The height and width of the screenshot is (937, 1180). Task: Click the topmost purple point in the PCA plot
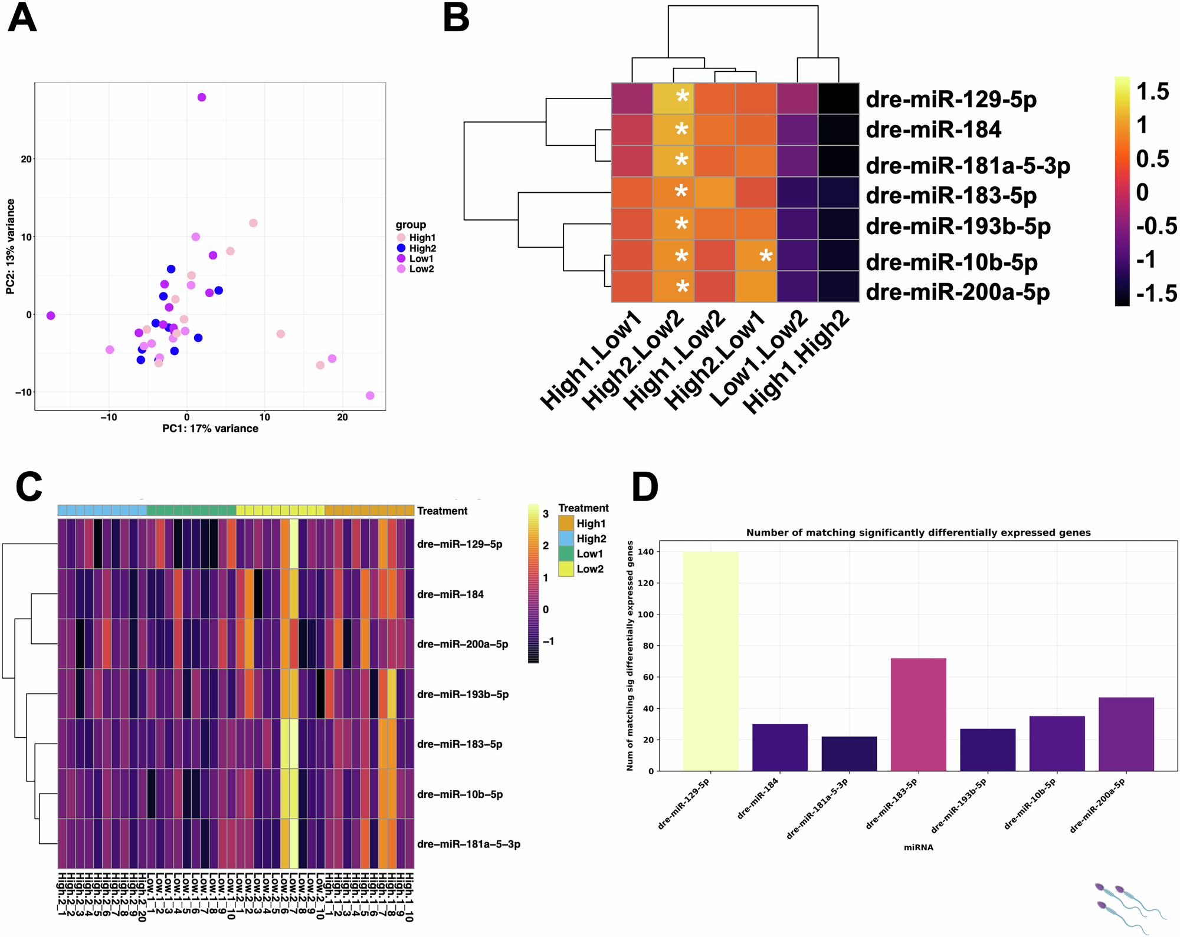[x=202, y=97]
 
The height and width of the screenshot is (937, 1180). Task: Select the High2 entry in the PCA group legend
[x=422, y=248]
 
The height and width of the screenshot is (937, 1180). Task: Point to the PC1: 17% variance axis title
[x=210, y=429]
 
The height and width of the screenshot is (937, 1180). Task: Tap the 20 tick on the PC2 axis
[x=26, y=159]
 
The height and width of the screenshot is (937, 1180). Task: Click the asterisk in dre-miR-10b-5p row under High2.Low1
[x=765, y=257]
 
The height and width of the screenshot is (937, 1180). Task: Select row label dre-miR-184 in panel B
[x=933, y=130]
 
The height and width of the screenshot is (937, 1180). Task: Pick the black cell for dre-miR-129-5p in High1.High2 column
[x=838, y=98]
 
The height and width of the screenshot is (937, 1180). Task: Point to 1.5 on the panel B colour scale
[x=1152, y=92]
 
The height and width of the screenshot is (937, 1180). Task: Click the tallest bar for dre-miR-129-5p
[x=710, y=660]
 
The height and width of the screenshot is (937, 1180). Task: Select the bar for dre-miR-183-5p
[x=918, y=714]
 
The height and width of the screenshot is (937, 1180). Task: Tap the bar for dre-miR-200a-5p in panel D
[x=1126, y=734]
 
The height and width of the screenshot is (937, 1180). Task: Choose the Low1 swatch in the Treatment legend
[x=566, y=554]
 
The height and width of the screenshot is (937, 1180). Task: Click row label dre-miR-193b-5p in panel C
[x=463, y=694]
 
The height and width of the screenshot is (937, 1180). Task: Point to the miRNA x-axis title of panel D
[x=918, y=847]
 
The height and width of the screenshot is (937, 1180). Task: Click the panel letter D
[x=644, y=488]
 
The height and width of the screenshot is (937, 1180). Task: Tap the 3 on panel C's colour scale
[x=546, y=514]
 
